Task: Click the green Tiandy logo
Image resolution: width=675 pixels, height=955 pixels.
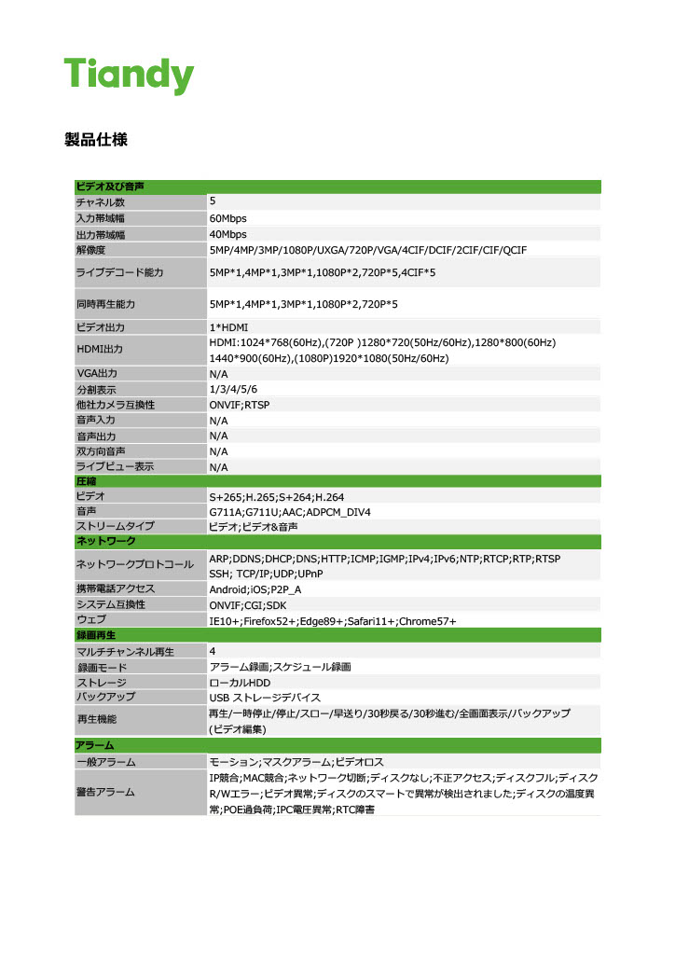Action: pyautogui.click(x=128, y=75)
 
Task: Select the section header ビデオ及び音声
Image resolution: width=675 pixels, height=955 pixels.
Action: pyautogui.click(x=109, y=187)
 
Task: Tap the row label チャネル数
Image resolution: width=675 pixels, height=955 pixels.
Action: pyautogui.click(x=100, y=202)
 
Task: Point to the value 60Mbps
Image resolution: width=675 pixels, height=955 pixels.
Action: pyautogui.click(x=228, y=218)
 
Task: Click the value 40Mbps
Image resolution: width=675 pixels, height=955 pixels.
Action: pyautogui.click(x=228, y=234)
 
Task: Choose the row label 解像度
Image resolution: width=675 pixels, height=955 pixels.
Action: pyautogui.click(x=91, y=250)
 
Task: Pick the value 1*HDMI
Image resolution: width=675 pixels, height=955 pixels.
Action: pyautogui.click(x=229, y=327)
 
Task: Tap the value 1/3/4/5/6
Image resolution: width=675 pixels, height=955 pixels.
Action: pyautogui.click(x=234, y=389)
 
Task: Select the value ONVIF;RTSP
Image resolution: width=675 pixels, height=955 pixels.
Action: pyautogui.click(x=240, y=405)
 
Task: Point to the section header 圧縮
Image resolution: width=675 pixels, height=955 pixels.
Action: pyautogui.click(x=87, y=481)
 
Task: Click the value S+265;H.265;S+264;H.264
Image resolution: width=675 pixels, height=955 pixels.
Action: pyautogui.click(x=277, y=497)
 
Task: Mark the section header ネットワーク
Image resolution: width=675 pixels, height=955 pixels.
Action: pyautogui.click(x=106, y=542)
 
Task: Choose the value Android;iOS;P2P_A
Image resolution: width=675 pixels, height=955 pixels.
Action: pyautogui.click(x=255, y=589)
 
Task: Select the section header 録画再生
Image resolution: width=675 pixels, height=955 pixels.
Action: pyautogui.click(x=95, y=635)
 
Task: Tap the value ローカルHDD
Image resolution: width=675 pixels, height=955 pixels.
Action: pyautogui.click(x=240, y=683)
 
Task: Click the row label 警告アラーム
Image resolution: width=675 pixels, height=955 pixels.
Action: pyautogui.click(x=105, y=792)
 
